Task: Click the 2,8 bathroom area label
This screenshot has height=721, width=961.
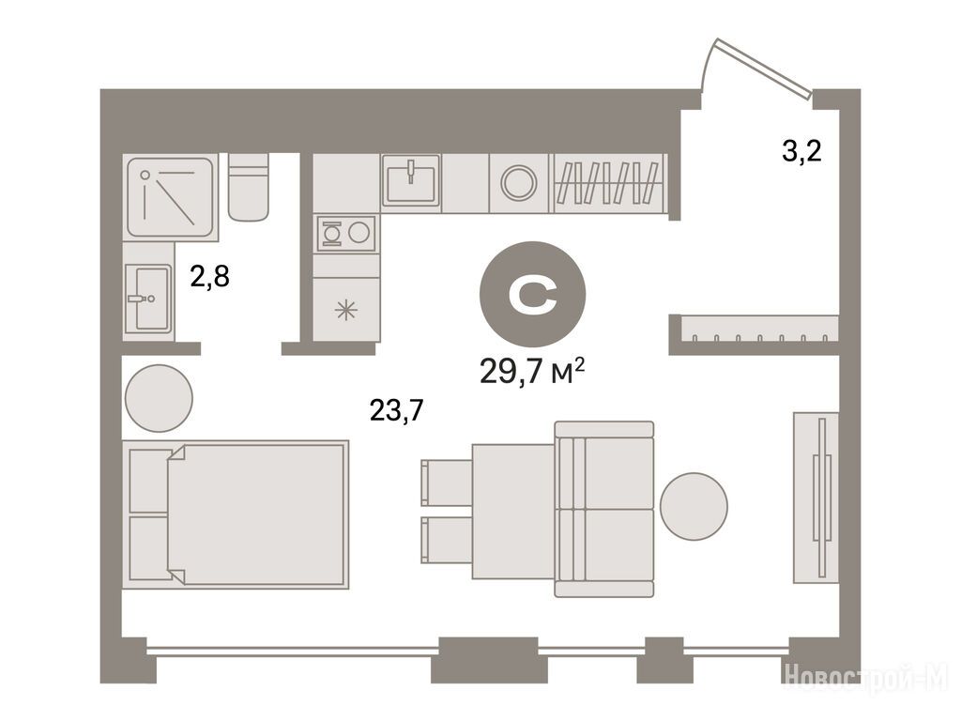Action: (x=209, y=277)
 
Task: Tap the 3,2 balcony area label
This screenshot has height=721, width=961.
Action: (x=801, y=151)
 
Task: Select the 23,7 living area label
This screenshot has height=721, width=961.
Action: (x=397, y=410)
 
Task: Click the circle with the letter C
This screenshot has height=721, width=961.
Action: (x=532, y=294)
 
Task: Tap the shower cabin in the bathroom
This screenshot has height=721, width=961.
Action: (x=171, y=197)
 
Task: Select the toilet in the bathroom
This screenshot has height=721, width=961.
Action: (x=248, y=187)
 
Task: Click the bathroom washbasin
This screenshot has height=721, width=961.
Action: (x=147, y=299)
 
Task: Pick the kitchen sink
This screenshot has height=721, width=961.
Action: (x=411, y=179)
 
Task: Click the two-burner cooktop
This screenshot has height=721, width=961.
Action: (x=345, y=233)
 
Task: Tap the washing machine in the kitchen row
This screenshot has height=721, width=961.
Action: (x=519, y=183)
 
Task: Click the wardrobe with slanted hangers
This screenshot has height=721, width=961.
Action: (x=610, y=183)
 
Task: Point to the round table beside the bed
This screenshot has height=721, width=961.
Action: (x=159, y=398)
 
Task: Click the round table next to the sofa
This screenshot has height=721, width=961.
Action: (x=694, y=506)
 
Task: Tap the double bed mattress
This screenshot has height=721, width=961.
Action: (x=255, y=514)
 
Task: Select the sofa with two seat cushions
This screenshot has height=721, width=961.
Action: (x=603, y=509)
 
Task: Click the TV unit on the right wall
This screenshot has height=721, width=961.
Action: (x=816, y=498)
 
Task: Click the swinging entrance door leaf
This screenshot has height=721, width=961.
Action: (x=764, y=68)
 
